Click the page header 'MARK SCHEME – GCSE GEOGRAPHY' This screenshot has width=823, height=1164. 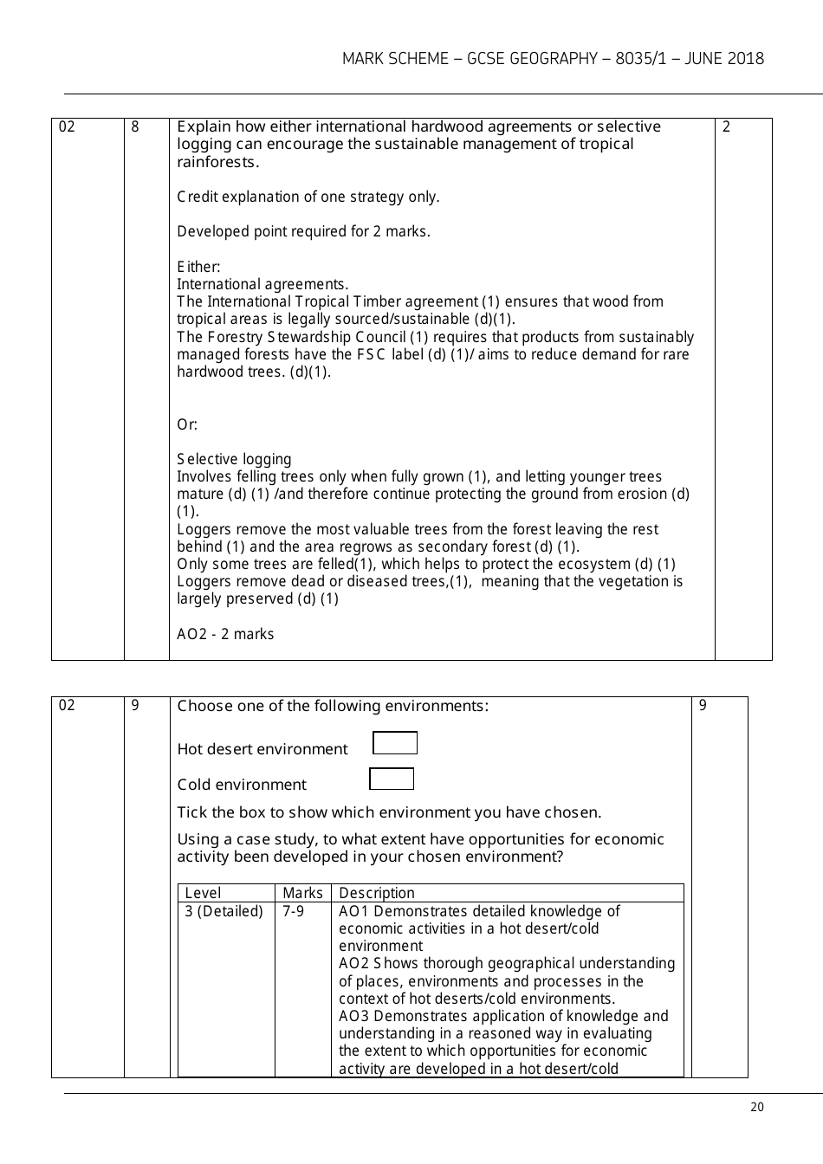click(x=553, y=59)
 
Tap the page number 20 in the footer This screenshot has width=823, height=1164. click(x=757, y=1107)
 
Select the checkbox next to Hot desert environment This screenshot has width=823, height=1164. click(x=395, y=743)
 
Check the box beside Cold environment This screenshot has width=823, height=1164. click(x=392, y=779)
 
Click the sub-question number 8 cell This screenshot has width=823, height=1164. click(x=135, y=127)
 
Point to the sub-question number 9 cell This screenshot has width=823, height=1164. click(x=135, y=706)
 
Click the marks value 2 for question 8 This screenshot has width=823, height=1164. click(x=726, y=127)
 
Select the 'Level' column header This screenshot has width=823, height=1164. click(x=203, y=893)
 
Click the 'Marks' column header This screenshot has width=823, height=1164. click(x=302, y=893)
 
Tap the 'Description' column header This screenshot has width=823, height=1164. click(x=377, y=893)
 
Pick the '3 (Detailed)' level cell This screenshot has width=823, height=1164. click(x=224, y=911)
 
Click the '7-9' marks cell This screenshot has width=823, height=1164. click(x=294, y=911)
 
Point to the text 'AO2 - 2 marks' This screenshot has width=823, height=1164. click(x=225, y=634)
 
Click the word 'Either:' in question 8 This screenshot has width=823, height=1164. click(x=198, y=267)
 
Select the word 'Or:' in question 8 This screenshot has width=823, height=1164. click(x=187, y=424)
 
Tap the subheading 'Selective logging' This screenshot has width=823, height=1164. click(x=234, y=459)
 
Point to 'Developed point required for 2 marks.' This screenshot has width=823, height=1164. click(x=303, y=231)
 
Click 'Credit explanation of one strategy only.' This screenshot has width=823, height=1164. click(x=308, y=197)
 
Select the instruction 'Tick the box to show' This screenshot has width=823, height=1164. click(x=389, y=812)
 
